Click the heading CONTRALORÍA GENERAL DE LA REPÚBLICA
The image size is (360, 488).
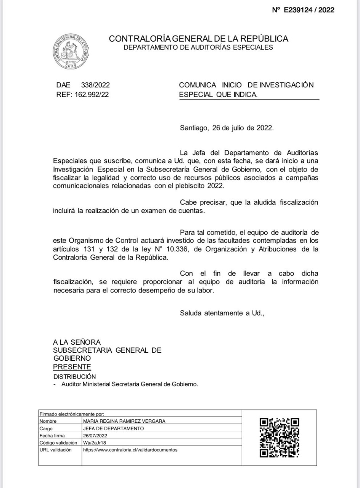(199, 39)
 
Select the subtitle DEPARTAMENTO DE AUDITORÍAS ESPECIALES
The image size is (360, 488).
(198, 48)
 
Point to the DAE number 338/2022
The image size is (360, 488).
(95, 85)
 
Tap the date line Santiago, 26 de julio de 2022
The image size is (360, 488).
(227, 128)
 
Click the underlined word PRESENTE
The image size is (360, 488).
(72, 367)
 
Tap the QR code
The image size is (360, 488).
(279, 438)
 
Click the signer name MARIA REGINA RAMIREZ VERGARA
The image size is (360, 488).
(124, 421)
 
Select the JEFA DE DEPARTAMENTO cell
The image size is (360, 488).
(114, 429)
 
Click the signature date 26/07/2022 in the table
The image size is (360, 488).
(95, 436)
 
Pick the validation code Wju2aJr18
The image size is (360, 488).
(94, 443)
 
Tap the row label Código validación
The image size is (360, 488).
(58, 443)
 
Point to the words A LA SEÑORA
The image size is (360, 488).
(77, 342)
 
